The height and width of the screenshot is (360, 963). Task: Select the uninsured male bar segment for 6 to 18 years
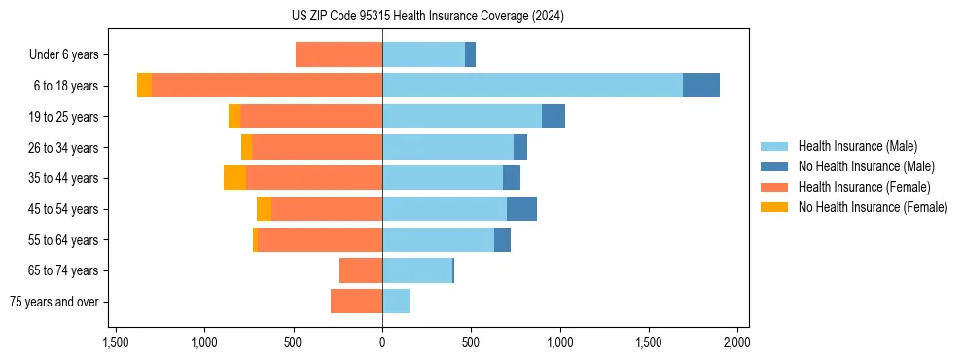(x=700, y=86)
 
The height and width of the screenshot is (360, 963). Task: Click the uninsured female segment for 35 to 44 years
(x=234, y=178)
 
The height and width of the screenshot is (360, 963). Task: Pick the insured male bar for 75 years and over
(x=396, y=302)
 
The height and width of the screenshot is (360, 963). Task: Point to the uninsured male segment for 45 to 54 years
(x=521, y=209)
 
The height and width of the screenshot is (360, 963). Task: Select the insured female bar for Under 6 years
(x=339, y=54)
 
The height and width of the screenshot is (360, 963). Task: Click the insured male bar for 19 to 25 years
(x=462, y=117)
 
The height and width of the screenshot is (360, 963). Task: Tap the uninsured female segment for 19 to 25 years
(x=234, y=117)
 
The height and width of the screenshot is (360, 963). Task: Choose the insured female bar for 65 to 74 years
(x=361, y=270)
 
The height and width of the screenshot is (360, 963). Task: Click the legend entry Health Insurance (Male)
(x=857, y=146)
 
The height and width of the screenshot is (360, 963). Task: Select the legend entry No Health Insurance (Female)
(x=873, y=207)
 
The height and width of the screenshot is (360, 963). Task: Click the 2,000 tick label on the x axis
(x=736, y=342)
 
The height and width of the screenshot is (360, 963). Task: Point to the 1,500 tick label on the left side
(x=116, y=342)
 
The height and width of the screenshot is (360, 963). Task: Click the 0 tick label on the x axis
(x=382, y=342)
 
